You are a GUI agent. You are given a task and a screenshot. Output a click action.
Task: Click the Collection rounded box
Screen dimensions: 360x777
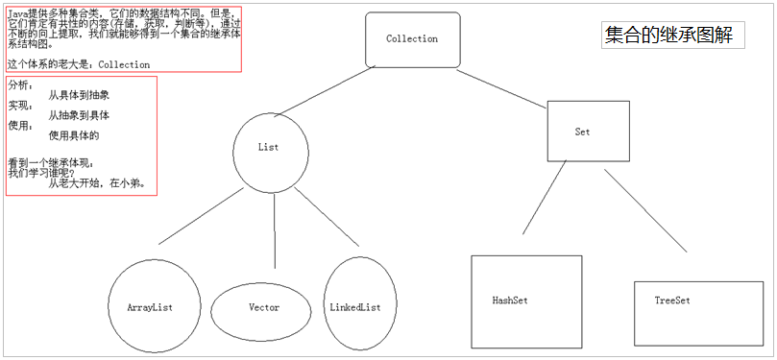[412, 39]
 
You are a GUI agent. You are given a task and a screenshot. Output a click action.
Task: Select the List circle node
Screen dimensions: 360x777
[269, 148]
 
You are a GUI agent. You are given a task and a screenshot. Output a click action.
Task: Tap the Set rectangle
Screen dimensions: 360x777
[582, 132]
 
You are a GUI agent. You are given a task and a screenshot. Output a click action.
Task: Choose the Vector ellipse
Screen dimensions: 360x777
[262, 307]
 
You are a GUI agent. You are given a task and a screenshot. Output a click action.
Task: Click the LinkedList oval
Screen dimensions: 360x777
[354, 307]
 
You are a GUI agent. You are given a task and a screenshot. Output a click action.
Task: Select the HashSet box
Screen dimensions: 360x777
[526, 300]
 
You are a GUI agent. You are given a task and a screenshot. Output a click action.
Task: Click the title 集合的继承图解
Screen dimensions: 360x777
[668, 36]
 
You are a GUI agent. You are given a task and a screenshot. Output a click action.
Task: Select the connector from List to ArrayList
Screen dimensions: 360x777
[201, 219]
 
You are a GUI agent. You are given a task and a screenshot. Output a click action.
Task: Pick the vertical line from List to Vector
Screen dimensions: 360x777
[275, 230]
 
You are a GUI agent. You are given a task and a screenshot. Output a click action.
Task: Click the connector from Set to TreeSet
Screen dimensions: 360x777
[645, 209]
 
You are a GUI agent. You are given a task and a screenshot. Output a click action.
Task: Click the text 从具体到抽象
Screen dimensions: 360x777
[79, 96]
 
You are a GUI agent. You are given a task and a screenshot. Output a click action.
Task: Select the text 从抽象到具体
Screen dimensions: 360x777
[79, 115]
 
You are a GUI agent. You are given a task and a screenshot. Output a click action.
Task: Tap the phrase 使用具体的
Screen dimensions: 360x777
[74, 135]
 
